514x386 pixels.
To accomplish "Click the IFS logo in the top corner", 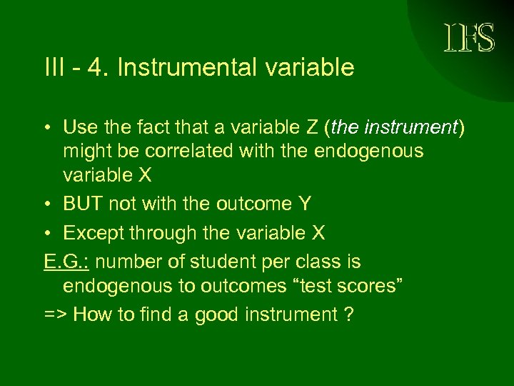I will [x=468, y=38].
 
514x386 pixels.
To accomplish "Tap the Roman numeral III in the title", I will [x=54, y=68].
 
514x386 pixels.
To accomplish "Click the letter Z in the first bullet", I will [x=312, y=128].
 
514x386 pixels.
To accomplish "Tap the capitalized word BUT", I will [x=83, y=204].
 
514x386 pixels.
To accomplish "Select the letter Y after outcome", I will [x=305, y=204].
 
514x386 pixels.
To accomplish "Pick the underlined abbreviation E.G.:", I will [x=66, y=262].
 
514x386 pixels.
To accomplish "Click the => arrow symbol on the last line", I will [x=55, y=315].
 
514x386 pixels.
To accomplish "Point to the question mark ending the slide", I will [x=348, y=315].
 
